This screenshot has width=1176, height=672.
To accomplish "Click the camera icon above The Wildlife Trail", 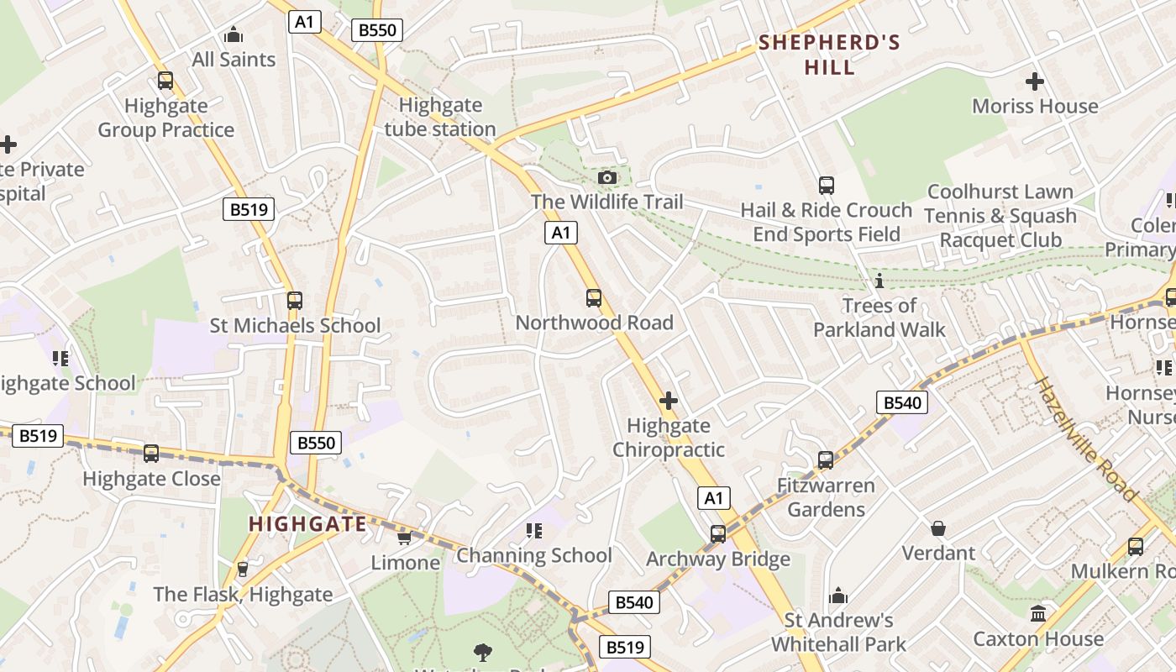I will click(x=607, y=177).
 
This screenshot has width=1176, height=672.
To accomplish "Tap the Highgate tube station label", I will click(x=440, y=117).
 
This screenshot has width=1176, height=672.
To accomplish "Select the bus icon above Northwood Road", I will click(x=594, y=297).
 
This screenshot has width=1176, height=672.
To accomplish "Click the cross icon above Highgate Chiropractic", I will click(x=669, y=401).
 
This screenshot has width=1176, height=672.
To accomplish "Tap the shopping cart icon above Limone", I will click(x=404, y=538).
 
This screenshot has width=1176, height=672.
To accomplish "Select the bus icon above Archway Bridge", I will click(x=718, y=534).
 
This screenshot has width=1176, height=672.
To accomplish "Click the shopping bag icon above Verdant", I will click(x=938, y=528).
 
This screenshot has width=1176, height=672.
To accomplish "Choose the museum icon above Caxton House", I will click(x=1038, y=614).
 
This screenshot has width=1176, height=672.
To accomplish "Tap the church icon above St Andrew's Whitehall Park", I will click(x=838, y=596).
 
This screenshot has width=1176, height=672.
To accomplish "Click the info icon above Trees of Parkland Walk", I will click(x=879, y=281).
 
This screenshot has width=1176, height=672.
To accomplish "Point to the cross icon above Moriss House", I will click(x=1035, y=81).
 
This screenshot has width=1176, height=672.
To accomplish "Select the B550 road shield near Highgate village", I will click(x=317, y=443).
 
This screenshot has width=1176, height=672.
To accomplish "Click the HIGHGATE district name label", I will click(x=307, y=524).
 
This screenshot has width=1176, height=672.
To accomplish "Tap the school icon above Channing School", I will click(x=534, y=531).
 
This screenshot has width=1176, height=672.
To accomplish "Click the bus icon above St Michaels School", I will click(x=295, y=301).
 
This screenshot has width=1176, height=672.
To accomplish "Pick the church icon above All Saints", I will click(x=234, y=35).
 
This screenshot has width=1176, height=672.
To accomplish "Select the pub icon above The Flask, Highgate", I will click(x=243, y=570).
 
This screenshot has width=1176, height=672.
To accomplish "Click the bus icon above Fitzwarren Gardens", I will click(x=826, y=460).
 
